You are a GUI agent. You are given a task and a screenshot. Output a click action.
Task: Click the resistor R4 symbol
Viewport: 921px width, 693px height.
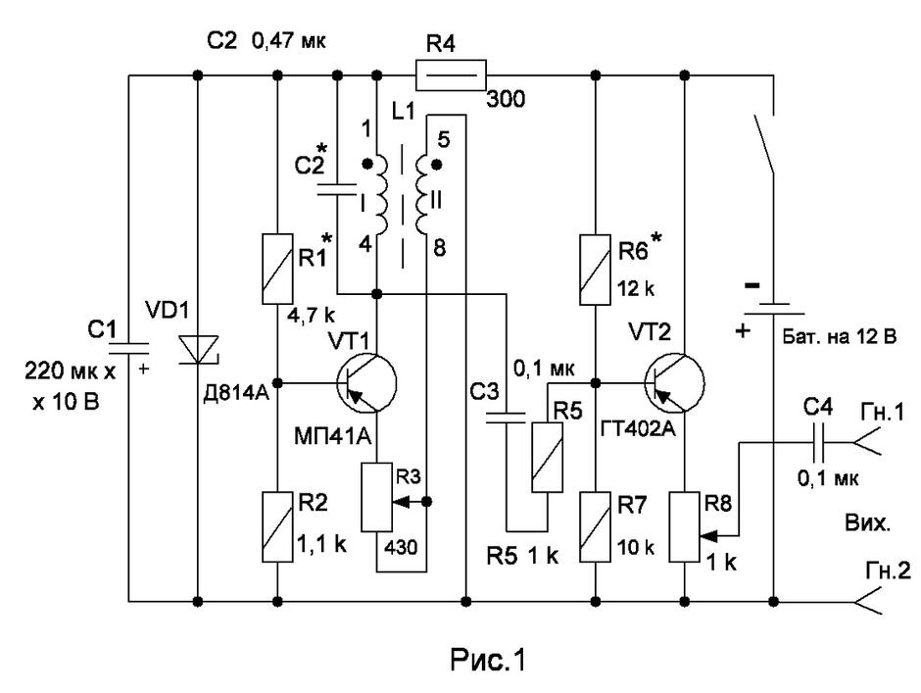click(451, 74)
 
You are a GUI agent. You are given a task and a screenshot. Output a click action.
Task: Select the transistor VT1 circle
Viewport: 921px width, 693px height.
click(367, 382)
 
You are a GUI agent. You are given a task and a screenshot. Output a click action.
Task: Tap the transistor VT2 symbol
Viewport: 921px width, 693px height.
click(674, 382)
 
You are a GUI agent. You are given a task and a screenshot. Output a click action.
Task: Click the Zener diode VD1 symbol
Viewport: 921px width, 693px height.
click(198, 349)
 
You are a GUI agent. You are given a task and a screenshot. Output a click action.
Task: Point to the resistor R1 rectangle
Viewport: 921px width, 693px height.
click(277, 269)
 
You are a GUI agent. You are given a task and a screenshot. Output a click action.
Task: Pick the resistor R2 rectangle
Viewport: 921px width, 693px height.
click(277, 526)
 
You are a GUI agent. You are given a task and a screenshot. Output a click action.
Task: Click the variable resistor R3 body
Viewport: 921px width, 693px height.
click(376, 497)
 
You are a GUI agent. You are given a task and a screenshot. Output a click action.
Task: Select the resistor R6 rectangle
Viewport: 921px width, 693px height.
click(596, 270)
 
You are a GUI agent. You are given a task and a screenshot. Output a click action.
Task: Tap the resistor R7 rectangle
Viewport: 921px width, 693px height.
click(596, 527)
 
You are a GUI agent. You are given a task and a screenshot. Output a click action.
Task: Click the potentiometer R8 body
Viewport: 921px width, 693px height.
click(684, 527)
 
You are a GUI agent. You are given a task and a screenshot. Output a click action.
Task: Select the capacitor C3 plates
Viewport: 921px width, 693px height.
click(506, 418)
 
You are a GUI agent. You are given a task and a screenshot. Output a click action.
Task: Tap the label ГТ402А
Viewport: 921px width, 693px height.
click(639, 428)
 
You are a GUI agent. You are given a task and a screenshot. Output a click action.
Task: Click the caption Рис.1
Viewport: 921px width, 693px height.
click(488, 659)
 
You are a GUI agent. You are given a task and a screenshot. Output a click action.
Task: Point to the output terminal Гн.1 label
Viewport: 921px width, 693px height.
click(882, 412)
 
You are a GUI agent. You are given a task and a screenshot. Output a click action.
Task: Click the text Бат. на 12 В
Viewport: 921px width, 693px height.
click(840, 337)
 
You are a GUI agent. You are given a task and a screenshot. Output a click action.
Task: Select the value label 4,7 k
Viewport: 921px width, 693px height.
click(311, 315)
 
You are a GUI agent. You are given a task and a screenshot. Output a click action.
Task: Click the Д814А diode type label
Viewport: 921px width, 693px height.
click(236, 393)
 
